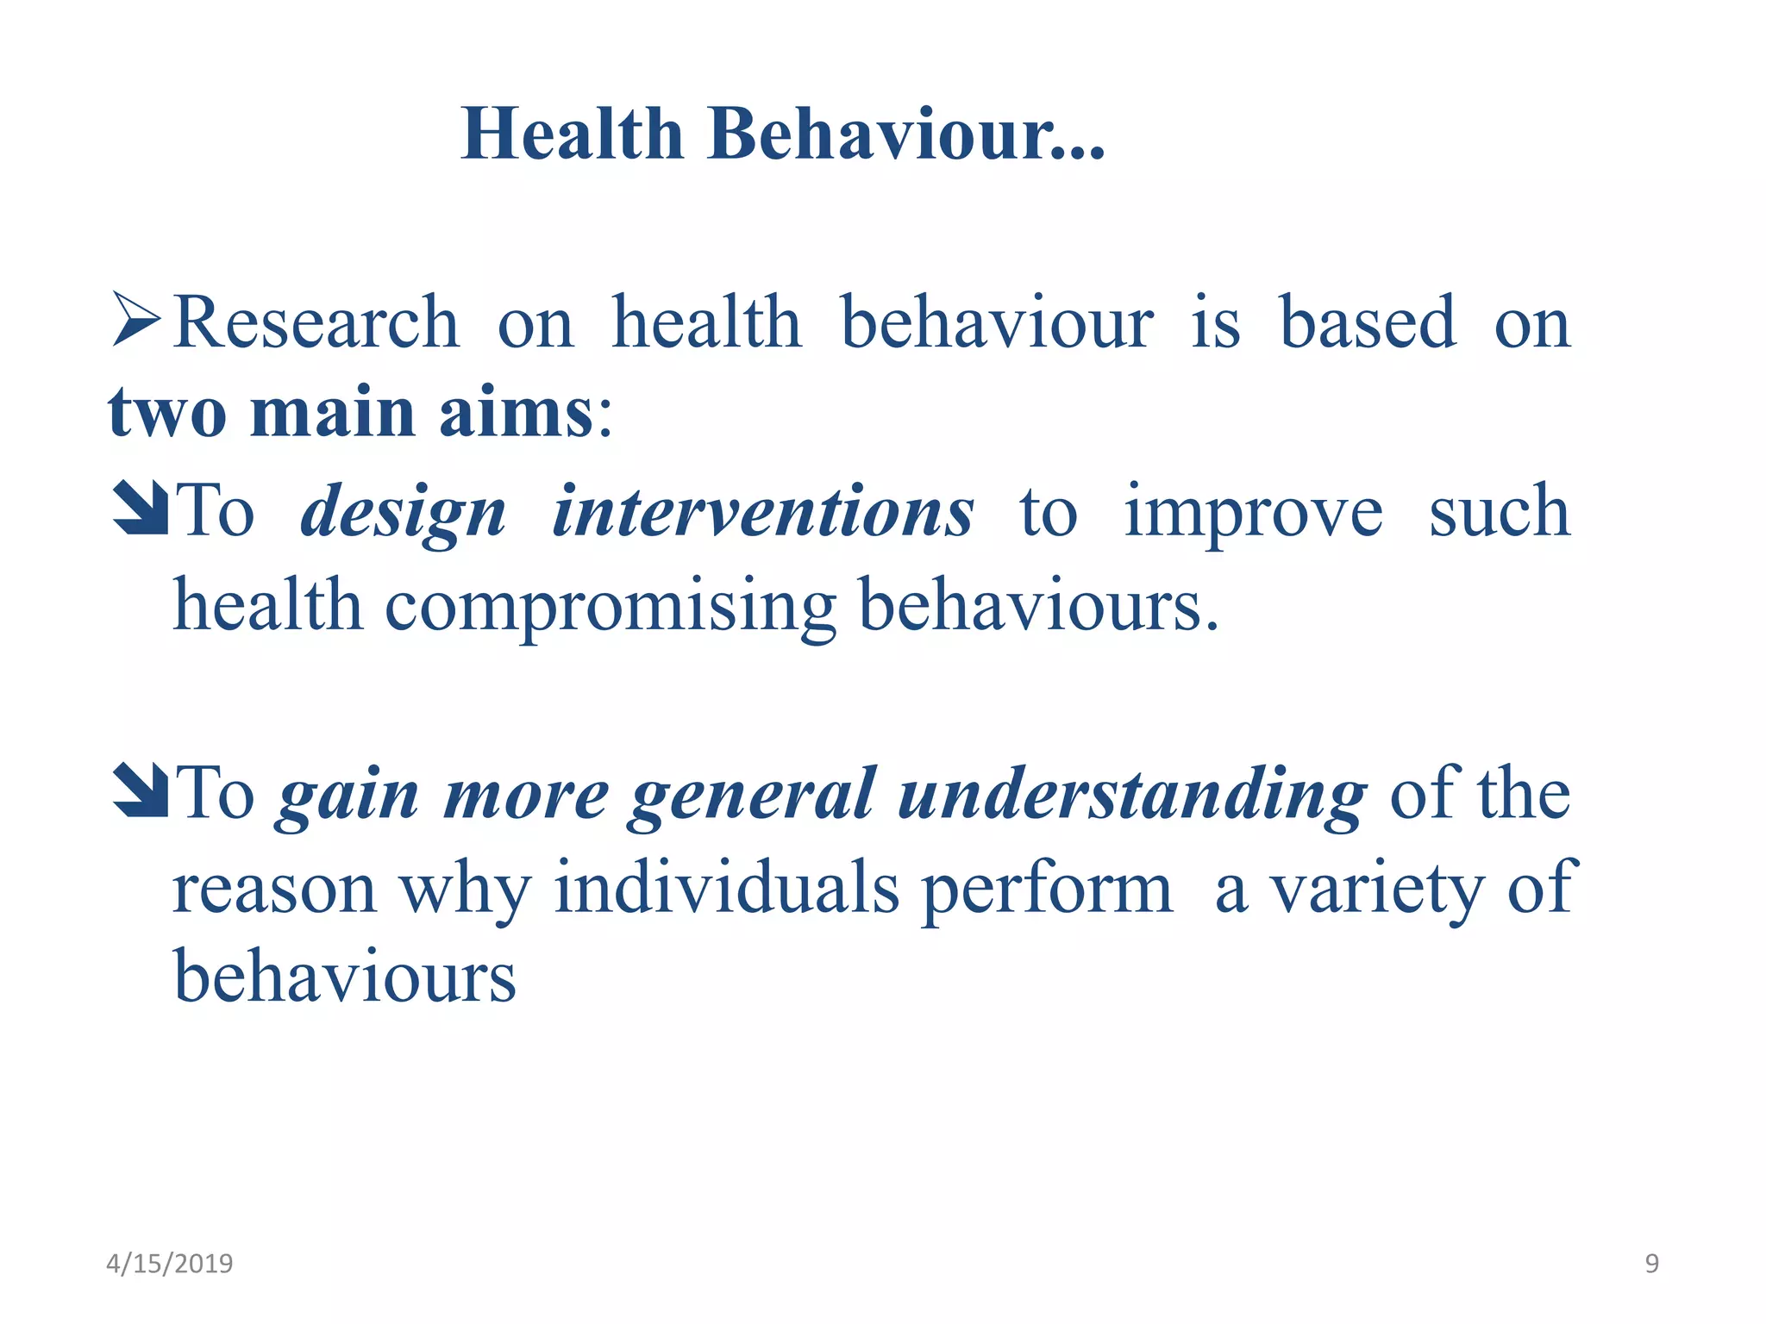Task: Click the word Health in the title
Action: coord(572,134)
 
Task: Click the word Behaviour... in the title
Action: coord(905,134)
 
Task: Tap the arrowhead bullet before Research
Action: coord(136,320)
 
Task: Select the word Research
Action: coord(316,322)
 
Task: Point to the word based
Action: coord(1368,322)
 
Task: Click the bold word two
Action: coord(167,414)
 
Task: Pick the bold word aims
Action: coord(516,414)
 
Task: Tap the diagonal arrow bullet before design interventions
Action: coord(140,509)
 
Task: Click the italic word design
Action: coord(403,514)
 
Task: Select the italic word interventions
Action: coord(763,512)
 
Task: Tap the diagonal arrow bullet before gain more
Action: coord(140,790)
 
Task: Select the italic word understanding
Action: coord(1131,796)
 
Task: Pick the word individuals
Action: coord(726,889)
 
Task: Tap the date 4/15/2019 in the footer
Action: coord(169,1264)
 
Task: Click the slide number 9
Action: coord(1651,1264)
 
